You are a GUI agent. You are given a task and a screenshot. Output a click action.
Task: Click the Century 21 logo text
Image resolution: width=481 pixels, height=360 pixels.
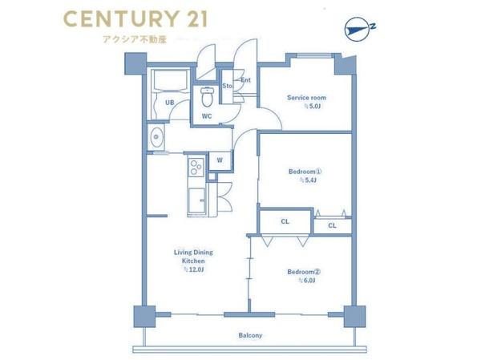(135, 19)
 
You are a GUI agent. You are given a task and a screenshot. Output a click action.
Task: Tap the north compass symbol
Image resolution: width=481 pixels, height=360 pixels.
(359, 29)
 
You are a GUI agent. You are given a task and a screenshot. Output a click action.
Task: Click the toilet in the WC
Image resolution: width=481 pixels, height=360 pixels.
(207, 96)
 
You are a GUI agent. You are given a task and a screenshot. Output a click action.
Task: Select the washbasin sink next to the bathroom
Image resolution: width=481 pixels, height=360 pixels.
(156, 137)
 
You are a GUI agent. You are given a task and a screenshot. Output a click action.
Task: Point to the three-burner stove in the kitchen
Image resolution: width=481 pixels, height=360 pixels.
(196, 167)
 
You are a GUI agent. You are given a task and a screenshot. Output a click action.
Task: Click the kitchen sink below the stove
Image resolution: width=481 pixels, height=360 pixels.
(196, 200)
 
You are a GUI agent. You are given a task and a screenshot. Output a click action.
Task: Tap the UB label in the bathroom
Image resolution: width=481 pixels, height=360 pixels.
(170, 103)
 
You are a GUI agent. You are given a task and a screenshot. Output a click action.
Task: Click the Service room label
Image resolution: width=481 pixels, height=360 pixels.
(306, 98)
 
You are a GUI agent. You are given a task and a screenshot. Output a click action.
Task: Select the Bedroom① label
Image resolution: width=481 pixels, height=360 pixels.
(305, 172)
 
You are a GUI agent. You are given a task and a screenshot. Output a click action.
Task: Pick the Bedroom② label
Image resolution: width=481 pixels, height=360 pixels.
(304, 272)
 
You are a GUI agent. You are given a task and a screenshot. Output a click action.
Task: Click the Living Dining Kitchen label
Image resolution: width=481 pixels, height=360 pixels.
(193, 257)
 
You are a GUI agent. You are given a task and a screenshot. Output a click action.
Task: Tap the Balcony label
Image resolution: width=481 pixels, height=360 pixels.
(250, 335)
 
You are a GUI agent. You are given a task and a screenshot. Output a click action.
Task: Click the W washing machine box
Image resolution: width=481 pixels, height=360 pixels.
(220, 161)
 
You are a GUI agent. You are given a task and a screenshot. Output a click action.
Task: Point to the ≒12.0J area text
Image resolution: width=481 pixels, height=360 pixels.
(194, 269)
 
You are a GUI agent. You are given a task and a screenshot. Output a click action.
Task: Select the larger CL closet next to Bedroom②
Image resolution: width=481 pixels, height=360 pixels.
(285, 221)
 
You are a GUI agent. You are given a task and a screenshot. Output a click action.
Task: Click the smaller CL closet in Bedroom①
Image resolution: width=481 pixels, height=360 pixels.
(332, 226)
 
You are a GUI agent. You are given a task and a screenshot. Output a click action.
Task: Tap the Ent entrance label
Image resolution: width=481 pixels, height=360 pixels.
(246, 80)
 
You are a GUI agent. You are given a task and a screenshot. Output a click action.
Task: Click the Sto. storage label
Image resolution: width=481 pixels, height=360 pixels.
(228, 86)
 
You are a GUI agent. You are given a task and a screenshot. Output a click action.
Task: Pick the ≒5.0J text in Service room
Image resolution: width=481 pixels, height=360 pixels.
(313, 106)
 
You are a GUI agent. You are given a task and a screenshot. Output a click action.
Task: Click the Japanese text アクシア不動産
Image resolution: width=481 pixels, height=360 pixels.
(135, 39)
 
